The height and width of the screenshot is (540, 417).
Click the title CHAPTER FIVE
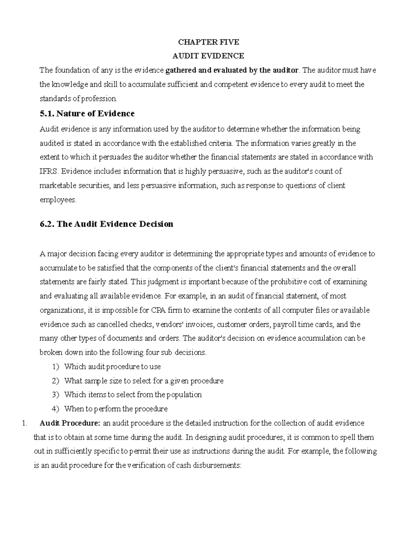pos(208,42)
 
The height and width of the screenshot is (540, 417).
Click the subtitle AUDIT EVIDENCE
pos(208,56)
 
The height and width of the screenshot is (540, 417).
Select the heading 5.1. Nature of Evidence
pos(87,114)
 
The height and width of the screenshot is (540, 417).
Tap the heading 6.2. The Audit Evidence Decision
pos(107,224)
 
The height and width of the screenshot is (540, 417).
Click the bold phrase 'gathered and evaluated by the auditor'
pos(232,70)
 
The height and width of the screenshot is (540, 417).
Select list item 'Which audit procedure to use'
pos(112,366)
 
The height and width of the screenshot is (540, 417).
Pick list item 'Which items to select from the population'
pos(133,395)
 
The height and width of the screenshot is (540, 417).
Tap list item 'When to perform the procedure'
pos(116,409)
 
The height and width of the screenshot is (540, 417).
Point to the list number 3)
pos(56,395)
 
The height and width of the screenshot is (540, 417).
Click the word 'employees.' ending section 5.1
pos(58,200)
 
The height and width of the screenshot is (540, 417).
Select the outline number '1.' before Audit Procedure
pos(24,424)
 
